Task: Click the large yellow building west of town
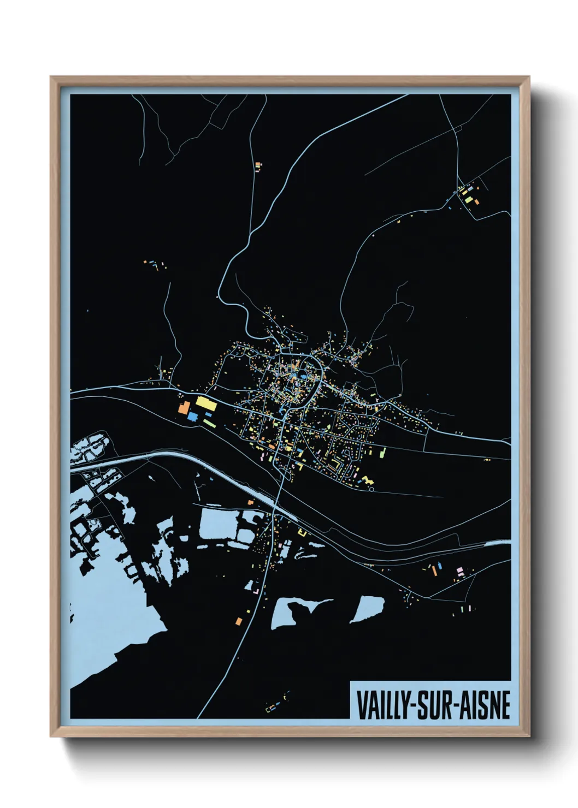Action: click(206, 403)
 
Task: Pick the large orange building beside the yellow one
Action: click(184, 408)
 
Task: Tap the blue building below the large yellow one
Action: click(192, 417)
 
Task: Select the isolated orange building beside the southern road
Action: click(239, 620)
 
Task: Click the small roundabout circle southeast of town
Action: click(371, 489)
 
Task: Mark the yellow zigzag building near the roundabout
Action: click(367, 480)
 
